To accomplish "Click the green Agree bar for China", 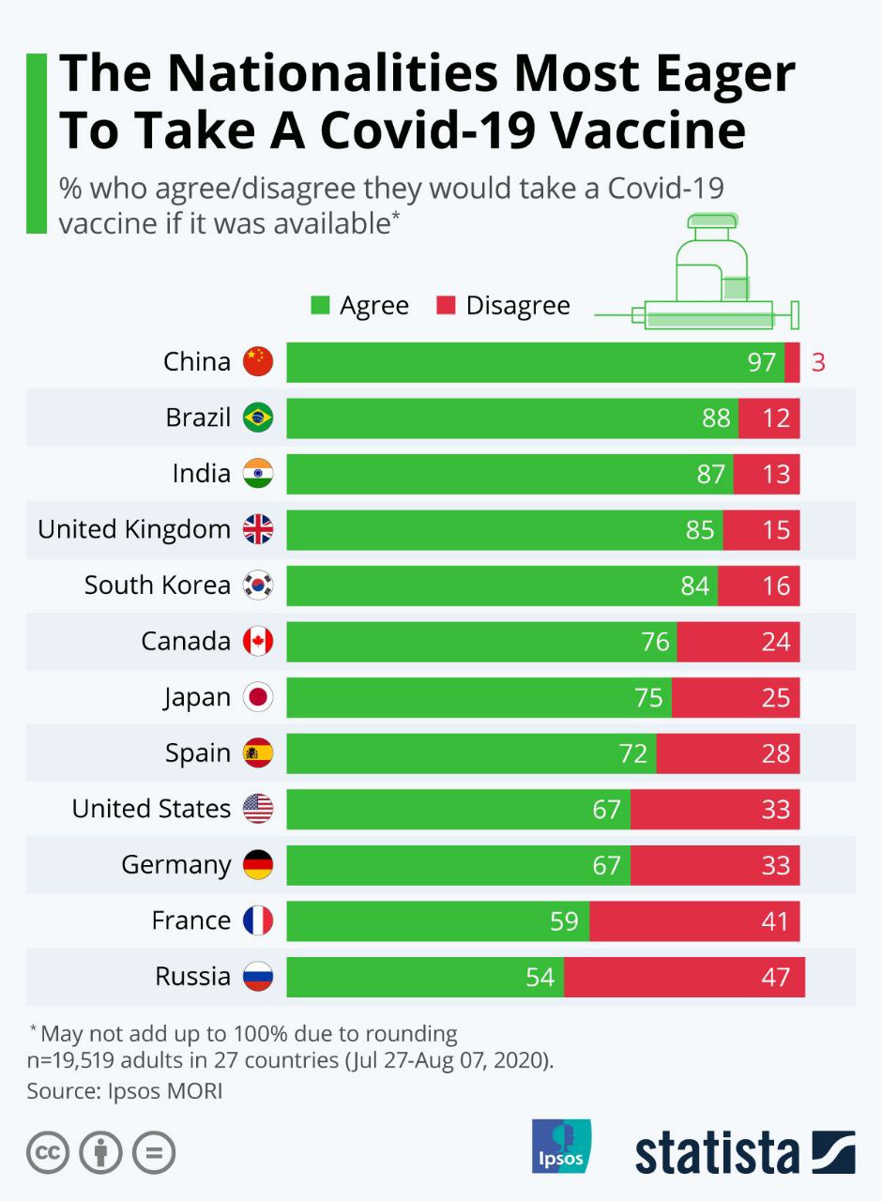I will click(535, 362).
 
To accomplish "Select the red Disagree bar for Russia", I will click(684, 977).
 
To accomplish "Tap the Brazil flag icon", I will click(258, 418).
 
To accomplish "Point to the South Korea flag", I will click(258, 585).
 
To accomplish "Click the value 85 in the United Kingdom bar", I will click(700, 530).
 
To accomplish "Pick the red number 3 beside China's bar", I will click(818, 362).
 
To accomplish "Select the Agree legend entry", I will click(361, 306).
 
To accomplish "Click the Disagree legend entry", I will click(504, 306).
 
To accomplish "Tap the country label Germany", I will click(175, 864).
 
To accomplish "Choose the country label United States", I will click(151, 809).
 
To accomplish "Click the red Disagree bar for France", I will click(694, 920).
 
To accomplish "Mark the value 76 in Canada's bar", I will click(655, 642).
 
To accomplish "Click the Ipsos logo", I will click(561, 1146).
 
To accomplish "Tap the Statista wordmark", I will click(718, 1153).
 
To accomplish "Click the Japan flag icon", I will click(258, 697).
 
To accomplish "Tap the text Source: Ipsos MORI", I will click(125, 1091).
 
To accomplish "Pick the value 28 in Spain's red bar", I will click(776, 753).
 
